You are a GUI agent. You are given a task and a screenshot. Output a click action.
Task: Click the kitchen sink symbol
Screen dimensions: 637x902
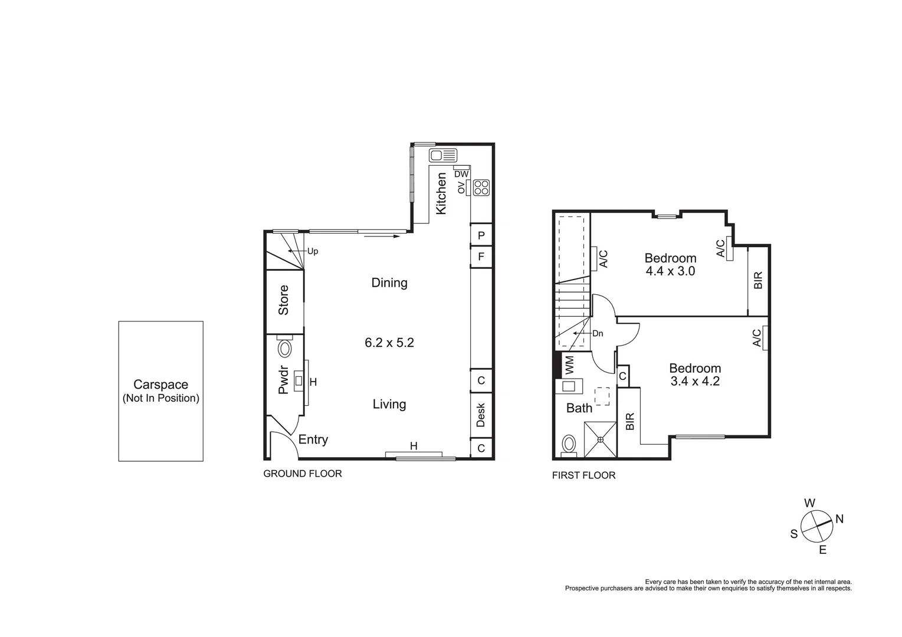coord(443,155)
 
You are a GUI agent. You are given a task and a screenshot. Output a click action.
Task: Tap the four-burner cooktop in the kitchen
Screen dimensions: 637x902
coord(481,188)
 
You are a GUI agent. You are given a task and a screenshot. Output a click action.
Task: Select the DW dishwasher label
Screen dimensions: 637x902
coord(461,174)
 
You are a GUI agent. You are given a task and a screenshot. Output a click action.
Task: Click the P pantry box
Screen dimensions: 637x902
coord(481,235)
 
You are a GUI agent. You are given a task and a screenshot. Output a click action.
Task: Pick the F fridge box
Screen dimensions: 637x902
coord(481,257)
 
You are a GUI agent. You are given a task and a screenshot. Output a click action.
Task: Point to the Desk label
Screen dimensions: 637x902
coord(481,415)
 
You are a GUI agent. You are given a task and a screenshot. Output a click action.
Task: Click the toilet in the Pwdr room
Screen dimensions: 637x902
coord(285,348)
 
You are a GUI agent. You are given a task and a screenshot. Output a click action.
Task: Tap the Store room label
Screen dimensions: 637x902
coord(284,300)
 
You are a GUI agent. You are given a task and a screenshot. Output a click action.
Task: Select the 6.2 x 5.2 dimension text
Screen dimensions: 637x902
coord(389,343)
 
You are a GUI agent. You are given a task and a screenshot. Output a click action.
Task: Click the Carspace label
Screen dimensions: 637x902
coord(160,385)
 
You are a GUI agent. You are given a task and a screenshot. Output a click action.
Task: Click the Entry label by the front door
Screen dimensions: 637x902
coord(313,439)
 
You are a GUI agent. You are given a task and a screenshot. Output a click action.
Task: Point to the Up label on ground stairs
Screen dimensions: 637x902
coord(313,251)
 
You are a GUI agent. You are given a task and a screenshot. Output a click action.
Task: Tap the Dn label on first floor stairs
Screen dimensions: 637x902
coord(598,333)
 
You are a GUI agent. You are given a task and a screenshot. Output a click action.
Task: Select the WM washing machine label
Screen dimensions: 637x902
coord(570,365)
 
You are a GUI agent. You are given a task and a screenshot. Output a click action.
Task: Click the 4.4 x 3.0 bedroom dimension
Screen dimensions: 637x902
coord(670,271)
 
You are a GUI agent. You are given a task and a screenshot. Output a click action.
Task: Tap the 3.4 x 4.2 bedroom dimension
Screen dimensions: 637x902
coord(695,381)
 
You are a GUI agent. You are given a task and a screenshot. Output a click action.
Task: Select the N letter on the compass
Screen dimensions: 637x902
coord(839,519)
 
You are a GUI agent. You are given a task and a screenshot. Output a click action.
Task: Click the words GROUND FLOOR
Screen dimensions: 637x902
coord(303,474)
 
